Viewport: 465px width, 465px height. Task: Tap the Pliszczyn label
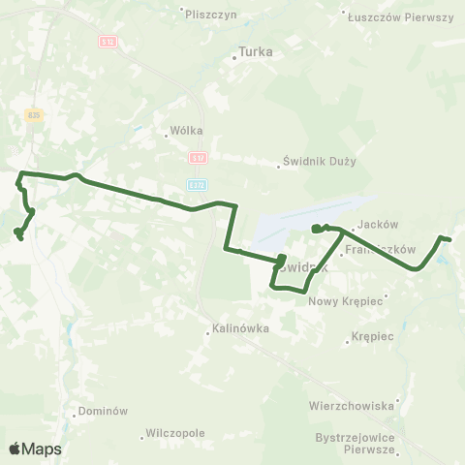pyautogui.click(x=214, y=15)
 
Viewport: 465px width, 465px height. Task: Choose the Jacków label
pyautogui.click(x=377, y=224)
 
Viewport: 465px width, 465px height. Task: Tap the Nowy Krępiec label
pyautogui.click(x=346, y=301)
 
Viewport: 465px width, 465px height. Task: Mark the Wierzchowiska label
pyautogui.click(x=350, y=405)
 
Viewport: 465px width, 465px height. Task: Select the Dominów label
pyautogui.click(x=103, y=410)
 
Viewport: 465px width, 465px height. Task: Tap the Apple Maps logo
pyautogui.click(x=35, y=449)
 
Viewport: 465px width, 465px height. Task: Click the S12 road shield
pyautogui.click(x=108, y=42)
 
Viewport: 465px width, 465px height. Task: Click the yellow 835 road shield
pyautogui.click(x=34, y=114)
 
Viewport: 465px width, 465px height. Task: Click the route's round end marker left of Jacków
pyautogui.click(x=317, y=229)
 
